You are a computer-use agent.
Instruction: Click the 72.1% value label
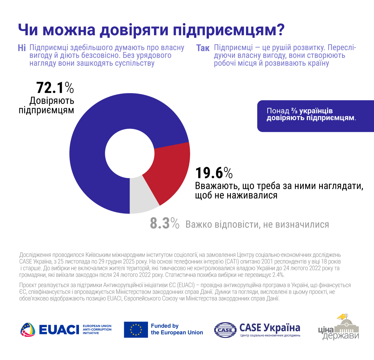click(55, 88)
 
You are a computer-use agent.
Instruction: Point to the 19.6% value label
click(214, 173)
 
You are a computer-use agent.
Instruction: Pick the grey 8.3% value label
click(165, 224)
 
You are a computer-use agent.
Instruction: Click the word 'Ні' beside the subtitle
click(22, 48)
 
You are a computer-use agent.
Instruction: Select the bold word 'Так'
click(203, 48)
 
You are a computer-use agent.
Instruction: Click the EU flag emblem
click(136, 330)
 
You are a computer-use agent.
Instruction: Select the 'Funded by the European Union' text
click(177, 329)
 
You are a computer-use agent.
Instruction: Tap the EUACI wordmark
click(59, 330)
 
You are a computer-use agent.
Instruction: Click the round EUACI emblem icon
click(28, 330)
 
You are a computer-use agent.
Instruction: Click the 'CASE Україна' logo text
click(270, 327)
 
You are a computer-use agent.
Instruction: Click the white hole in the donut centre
click(130, 153)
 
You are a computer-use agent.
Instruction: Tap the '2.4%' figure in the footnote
click(278, 275)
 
